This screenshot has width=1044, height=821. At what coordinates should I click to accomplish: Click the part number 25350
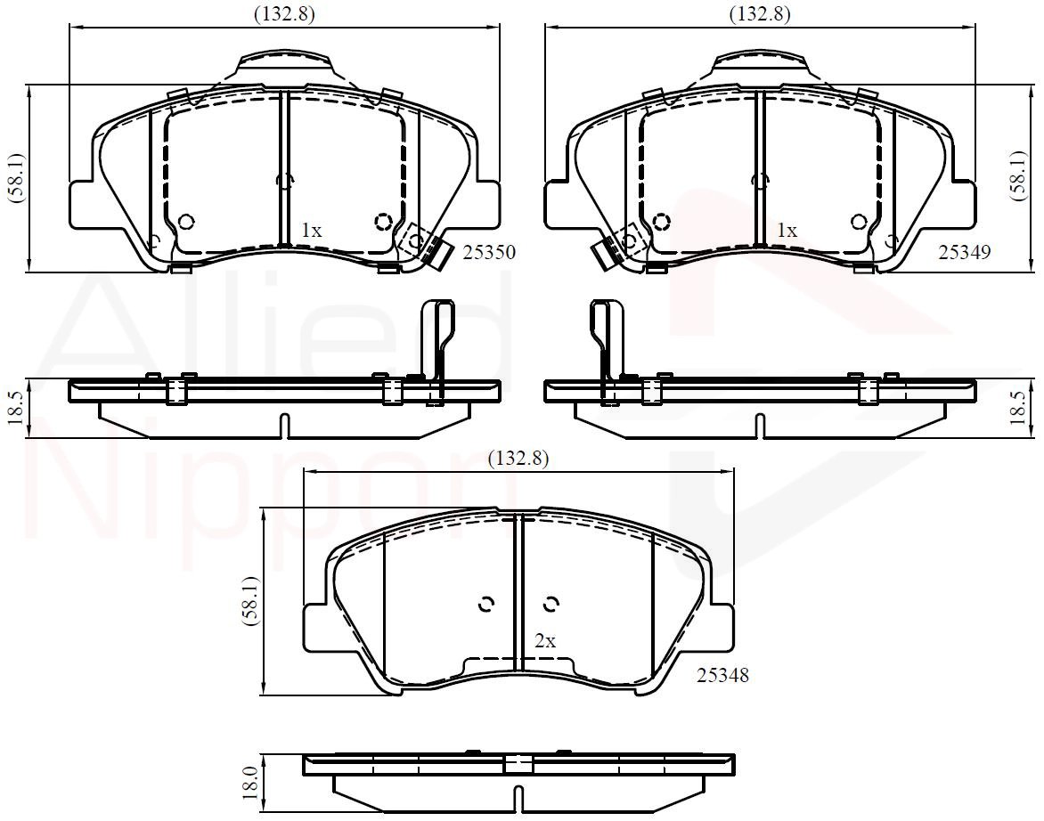tap(489, 253)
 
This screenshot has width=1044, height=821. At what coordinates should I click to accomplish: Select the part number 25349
tap(965, 252)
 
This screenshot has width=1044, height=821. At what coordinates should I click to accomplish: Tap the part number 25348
tap(723, 675)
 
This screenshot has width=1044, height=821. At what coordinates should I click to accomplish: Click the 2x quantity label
tap(545, 641)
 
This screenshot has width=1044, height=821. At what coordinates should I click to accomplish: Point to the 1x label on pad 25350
tap(312, 231)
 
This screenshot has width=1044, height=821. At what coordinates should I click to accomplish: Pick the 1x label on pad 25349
tap(787, 231)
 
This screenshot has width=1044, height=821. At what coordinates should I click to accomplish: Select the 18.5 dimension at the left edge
tap(17, 408)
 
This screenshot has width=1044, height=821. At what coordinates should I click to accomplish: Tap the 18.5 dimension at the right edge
tap(1018, 408)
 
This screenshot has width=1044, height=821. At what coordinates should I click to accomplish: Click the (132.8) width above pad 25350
tap(284, 13)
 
